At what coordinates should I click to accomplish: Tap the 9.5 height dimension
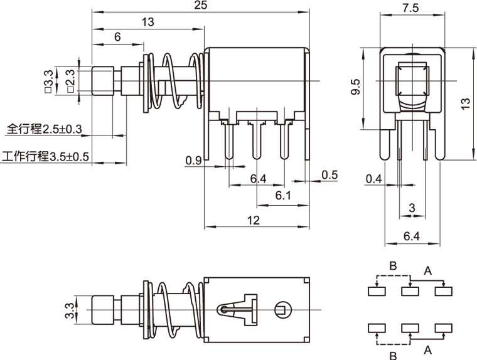point(355,87)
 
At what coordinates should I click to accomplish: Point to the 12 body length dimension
point(254,220)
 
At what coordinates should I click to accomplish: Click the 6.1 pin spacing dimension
point(283,196)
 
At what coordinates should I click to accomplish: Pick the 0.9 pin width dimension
point(193,161)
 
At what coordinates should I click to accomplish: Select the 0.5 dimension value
point(330,174)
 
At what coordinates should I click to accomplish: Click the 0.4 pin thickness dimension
point(374,179)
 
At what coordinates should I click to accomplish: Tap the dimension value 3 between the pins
point(412,208)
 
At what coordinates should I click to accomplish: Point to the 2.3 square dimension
point(70,80)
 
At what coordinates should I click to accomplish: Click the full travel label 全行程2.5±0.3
point(45,130)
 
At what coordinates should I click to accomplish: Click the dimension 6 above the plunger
point(117,37)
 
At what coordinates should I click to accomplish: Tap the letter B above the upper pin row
point(393,265)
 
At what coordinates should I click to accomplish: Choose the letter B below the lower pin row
point(393,356)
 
